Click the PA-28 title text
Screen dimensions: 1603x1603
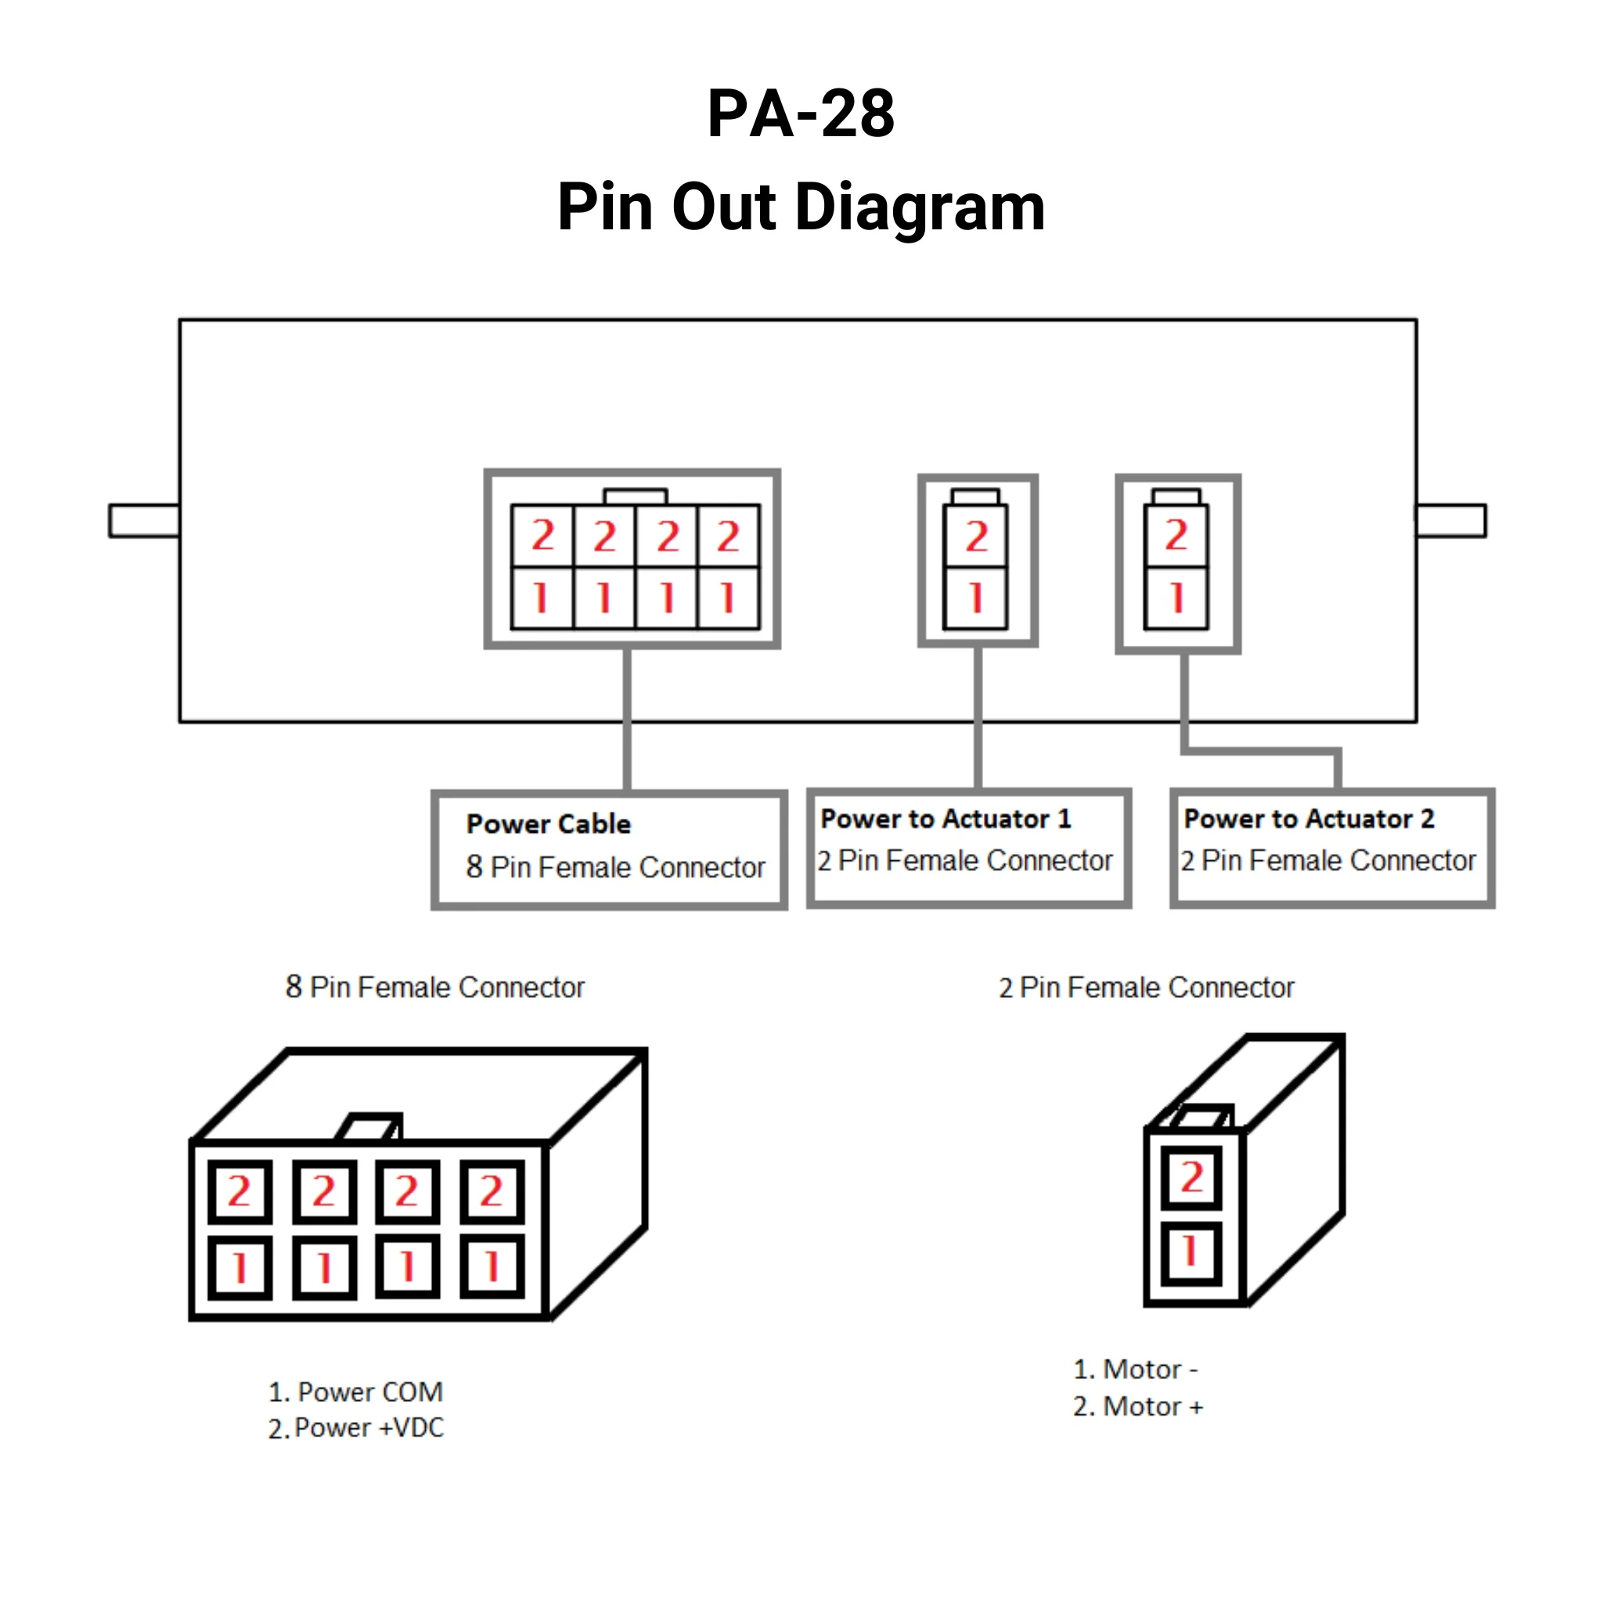point(801,113)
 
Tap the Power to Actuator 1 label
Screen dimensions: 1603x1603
point(946,819)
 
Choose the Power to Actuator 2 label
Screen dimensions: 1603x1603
point(1309,819)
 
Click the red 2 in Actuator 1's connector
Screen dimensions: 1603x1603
point(977,537)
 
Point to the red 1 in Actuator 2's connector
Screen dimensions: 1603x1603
point(1176,597)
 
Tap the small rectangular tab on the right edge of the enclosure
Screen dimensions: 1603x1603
point(1450,521)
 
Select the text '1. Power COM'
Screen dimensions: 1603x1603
point(355,1392)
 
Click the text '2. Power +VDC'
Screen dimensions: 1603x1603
point(355,1428)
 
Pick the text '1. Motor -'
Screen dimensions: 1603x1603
point(1135,1369)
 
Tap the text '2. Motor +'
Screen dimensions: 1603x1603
point(1137,1407)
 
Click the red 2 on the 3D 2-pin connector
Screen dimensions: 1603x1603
point(1191,1177)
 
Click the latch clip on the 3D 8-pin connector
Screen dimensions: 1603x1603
point(370,1127)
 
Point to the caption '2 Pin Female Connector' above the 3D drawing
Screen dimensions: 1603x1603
point(1146,987)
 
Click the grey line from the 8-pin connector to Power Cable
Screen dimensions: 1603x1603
point(626,718)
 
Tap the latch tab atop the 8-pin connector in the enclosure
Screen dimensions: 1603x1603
point(635,496)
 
